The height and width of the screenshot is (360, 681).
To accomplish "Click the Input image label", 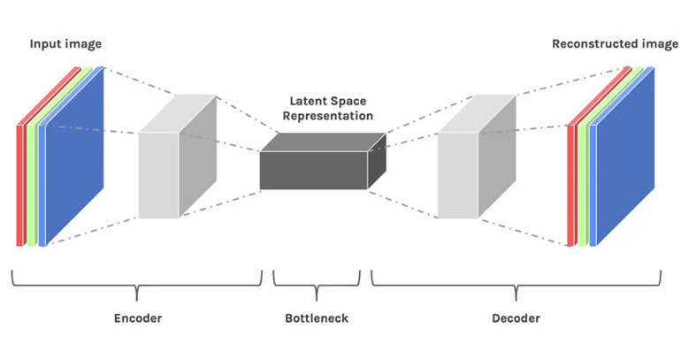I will click(65, 43).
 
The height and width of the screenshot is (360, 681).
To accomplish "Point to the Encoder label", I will click(139, 318).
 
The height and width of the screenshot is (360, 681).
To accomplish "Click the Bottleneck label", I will click(316, 318).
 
